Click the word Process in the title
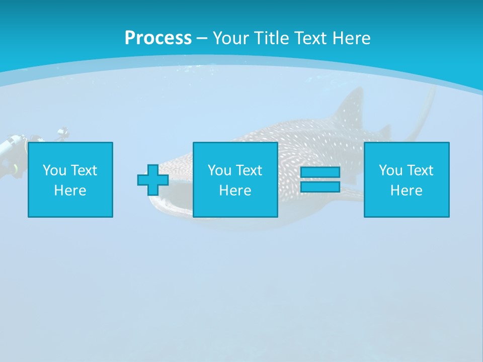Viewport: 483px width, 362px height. [x=158, y=38]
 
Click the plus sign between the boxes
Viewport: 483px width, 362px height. [x=153, y=180]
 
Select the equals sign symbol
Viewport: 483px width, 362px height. [x=320, y=180]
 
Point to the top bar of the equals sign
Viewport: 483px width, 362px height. [x=320, y=172]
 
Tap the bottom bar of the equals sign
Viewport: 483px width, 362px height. [x=320, y=187]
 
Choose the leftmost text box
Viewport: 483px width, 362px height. [x=70, y=180]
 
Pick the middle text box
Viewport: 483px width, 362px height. [x=235, y=180]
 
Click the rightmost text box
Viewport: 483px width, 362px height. [x=407, y=180]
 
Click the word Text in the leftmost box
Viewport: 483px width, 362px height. [x=84, y=170]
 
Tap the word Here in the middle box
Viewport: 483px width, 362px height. [x=235, y=191]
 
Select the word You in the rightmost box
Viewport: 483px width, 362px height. [x=390, y=170]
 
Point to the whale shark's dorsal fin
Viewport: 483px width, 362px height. [x=352, y=108]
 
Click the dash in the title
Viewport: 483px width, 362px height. [x=202, y=38]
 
